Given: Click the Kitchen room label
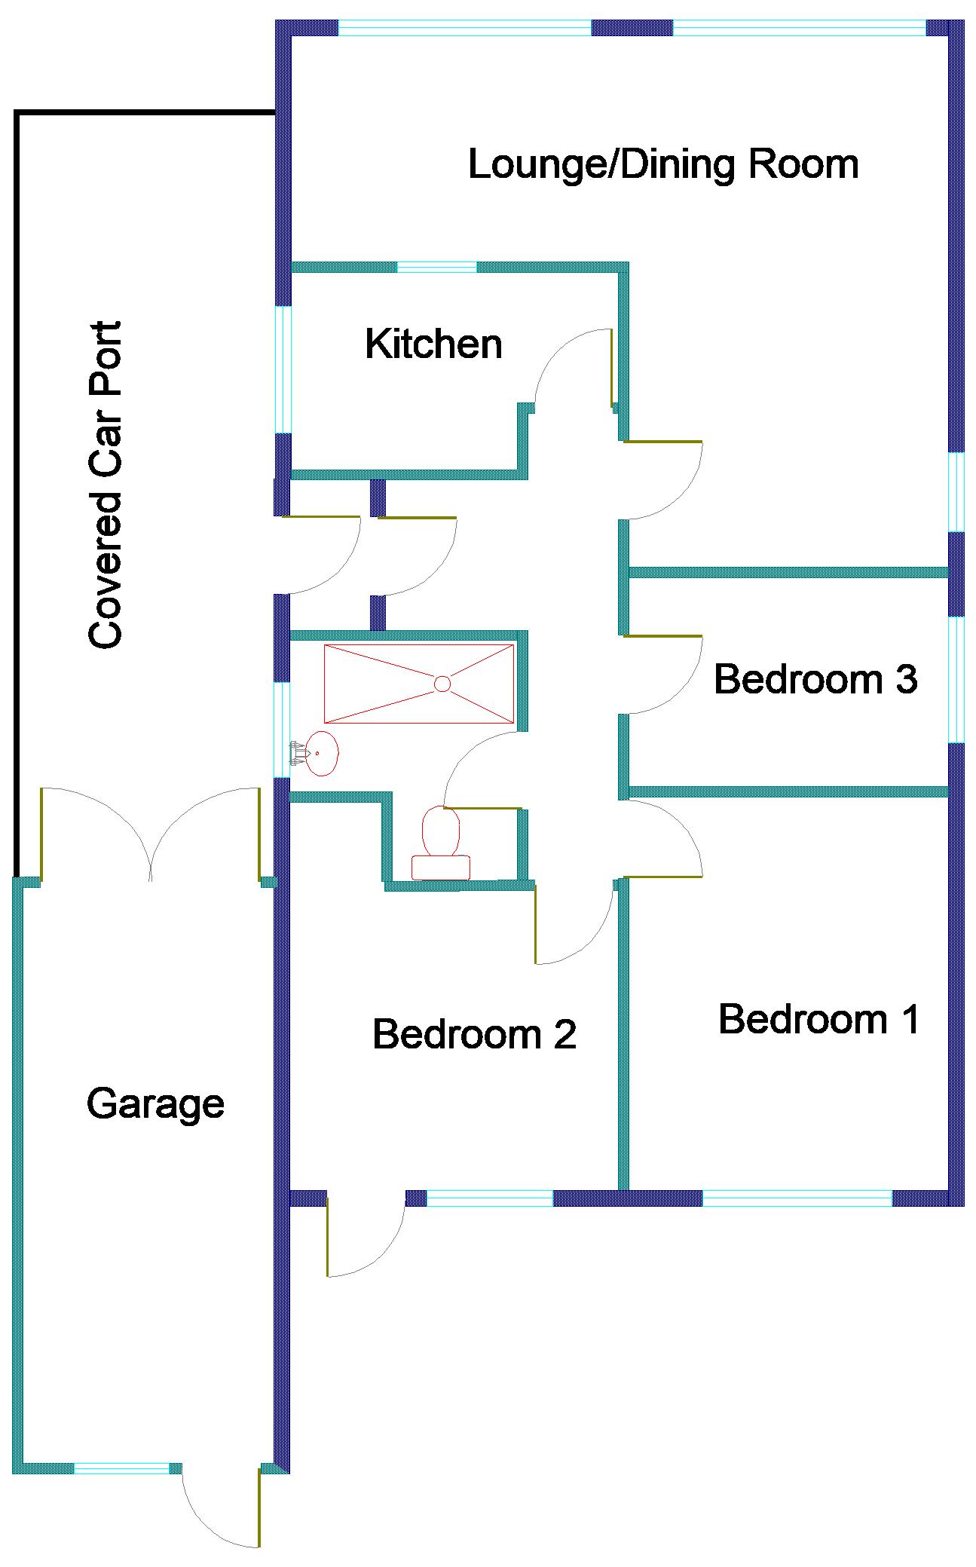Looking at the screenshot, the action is (x=433, y=344).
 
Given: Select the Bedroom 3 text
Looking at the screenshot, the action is (x=815, y=679).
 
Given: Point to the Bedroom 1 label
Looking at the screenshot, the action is (x=819, y=1020).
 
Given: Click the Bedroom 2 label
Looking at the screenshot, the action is (x=474, y=1034).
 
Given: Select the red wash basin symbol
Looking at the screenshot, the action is (x=323, y=753).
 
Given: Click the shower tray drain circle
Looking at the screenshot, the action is (x=442, y=684).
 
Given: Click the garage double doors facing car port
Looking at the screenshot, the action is (x=151, y=834).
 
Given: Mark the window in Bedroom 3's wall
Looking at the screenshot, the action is (x=956, y=679).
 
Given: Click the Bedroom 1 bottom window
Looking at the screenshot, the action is (x=797, y=1198).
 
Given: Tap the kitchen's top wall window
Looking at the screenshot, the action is (x=437, y=267).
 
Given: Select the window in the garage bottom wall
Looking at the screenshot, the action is (x=122, y=1468).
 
